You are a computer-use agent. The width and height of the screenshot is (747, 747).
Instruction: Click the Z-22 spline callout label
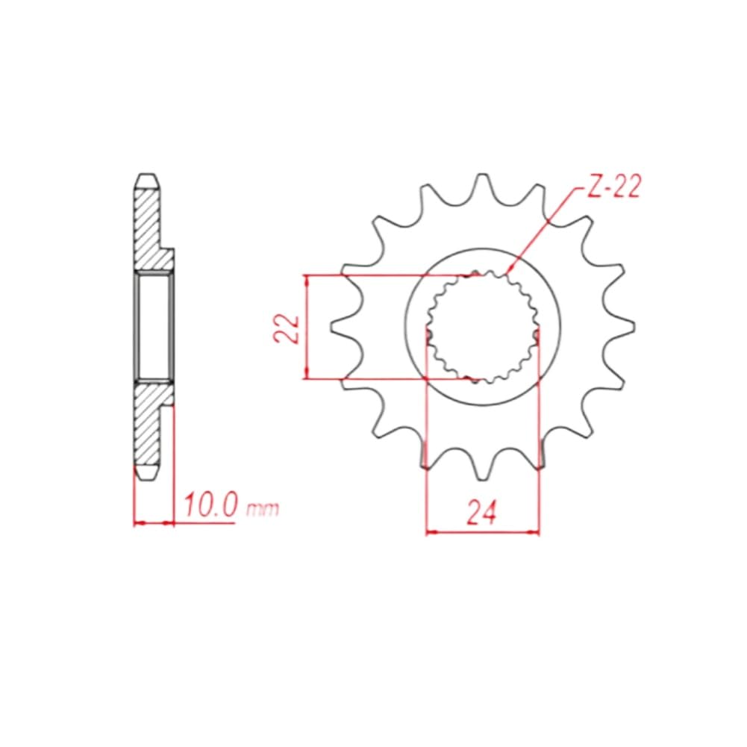click(x=613, y=187)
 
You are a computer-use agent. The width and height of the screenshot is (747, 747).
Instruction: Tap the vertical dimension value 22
click(x=287, y=328)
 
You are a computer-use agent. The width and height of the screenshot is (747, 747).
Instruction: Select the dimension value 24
click(x=481, y=512)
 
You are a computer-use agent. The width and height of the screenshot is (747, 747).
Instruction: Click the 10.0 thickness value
click(x=210, y=505)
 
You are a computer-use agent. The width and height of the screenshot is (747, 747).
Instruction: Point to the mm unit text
click(x=262, y=510)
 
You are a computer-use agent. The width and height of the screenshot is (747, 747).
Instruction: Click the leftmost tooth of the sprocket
click(x=344, y=326)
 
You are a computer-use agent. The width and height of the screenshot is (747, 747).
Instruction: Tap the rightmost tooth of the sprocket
click(x=620, y=326)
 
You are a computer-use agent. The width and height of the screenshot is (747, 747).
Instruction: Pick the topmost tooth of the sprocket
click(x=483, y=187)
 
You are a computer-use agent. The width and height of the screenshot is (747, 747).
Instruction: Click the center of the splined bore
click(x=483, y=327)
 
